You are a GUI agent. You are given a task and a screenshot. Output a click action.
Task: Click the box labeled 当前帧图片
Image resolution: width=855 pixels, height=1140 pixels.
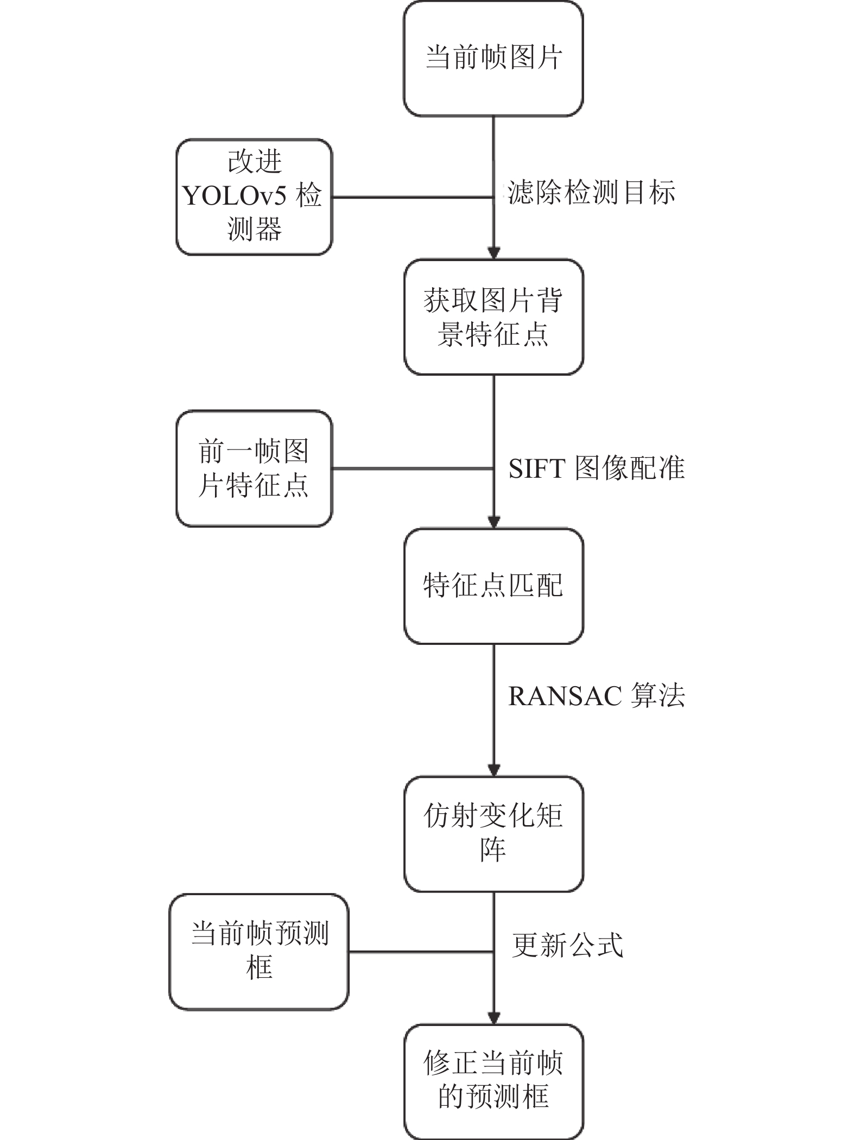coord(493,59)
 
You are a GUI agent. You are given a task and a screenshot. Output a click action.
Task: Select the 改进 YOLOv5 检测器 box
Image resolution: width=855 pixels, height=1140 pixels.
coord(254,197)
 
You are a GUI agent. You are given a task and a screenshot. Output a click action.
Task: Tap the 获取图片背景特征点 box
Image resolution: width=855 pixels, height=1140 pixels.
coord(493,317)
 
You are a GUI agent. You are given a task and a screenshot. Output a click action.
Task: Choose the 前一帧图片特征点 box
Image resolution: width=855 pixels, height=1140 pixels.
coord(254,468)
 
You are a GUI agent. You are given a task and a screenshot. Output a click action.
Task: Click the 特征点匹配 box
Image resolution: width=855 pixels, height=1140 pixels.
coord(493,586)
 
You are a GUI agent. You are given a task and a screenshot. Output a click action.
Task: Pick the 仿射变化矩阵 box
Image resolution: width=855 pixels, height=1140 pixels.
coord(493,834)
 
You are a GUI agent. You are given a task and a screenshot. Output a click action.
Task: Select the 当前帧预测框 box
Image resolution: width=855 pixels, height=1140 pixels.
coord(259,952)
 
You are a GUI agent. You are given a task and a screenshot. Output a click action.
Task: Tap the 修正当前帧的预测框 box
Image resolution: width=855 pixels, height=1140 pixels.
coord(493,1081)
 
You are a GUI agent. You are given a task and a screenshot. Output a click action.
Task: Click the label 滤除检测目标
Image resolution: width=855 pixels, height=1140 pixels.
coord(591,193)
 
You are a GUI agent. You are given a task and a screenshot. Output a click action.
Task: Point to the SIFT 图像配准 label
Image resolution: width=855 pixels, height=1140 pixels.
coord(597,468)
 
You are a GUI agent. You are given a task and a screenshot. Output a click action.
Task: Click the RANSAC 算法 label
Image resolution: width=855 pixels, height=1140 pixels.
coord(597,695)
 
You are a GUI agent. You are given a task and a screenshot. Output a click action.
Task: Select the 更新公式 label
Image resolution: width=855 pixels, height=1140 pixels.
coord(568,945)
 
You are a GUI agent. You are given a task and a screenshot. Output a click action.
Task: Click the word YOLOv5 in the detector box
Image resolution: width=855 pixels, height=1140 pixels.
coord(234,197)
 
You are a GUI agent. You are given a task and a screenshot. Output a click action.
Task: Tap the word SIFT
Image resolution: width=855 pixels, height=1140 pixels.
coord(537,468)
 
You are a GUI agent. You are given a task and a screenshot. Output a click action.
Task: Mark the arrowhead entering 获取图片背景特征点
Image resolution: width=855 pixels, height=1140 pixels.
coord(493,254)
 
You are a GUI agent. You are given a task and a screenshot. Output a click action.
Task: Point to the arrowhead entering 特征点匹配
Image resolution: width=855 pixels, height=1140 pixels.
coord(493,522)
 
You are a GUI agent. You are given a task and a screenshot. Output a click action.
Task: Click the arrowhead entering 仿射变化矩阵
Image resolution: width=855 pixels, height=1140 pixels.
coord(493,770)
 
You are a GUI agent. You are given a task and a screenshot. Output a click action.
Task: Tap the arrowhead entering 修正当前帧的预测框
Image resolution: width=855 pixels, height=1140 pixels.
coord(493,1018)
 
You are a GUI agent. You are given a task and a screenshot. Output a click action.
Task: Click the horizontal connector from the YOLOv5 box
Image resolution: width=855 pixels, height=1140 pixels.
coord(413,197)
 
